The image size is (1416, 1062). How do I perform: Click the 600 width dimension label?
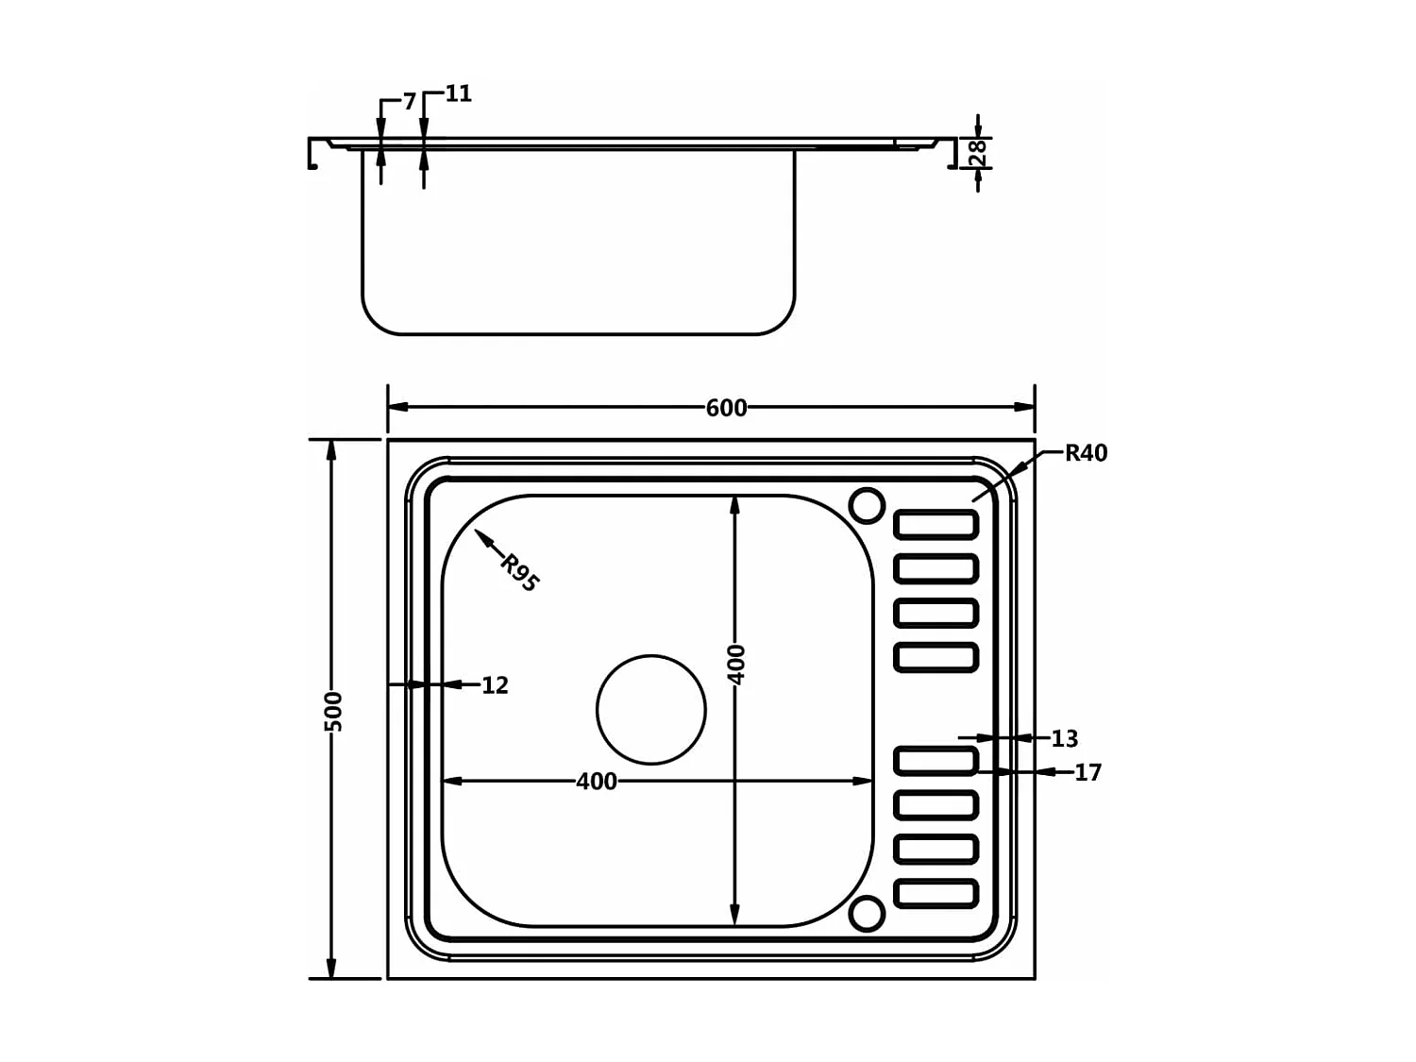point(726,408)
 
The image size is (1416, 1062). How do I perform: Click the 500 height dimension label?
point(332,711)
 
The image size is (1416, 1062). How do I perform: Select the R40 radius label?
point(1086,453)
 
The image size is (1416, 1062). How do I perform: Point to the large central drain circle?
point(651,710)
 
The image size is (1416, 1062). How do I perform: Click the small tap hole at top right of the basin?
point(867,505)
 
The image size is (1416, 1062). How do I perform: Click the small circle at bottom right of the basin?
point(867,914)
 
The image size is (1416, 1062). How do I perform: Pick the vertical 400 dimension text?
point(736,665)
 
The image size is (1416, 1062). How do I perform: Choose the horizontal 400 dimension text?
point(597,782)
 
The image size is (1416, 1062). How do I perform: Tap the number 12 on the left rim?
point(495,685)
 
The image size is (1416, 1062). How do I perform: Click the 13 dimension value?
point(1064,738)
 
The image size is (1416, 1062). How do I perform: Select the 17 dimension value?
point(1087,773)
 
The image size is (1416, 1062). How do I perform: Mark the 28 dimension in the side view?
point(979,152)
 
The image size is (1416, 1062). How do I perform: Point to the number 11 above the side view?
point(458,93)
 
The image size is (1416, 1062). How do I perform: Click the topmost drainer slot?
point(936,525)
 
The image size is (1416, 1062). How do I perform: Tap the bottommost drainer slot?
point(936,893)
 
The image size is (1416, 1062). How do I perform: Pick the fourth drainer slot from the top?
point(936,657)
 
